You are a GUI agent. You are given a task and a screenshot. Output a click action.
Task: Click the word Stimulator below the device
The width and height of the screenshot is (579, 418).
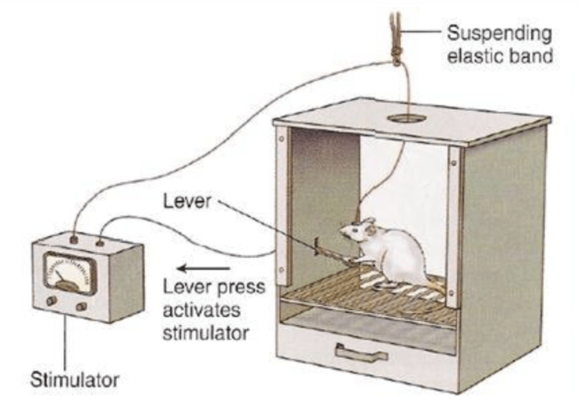(75, 380)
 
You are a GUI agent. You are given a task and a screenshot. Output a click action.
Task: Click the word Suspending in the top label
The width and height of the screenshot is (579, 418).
(498, 32)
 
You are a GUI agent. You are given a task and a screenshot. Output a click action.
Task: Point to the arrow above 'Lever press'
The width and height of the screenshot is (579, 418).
(192, 268)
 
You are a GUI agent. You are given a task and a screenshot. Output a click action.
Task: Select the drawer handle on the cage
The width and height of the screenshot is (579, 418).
(361, 351)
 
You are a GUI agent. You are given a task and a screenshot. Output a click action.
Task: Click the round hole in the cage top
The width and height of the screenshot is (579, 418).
(407, 119)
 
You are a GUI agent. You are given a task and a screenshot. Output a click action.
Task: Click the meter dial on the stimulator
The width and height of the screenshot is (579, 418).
(70, 273)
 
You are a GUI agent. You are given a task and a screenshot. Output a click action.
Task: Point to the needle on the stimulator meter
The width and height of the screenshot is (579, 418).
(63, 277)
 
